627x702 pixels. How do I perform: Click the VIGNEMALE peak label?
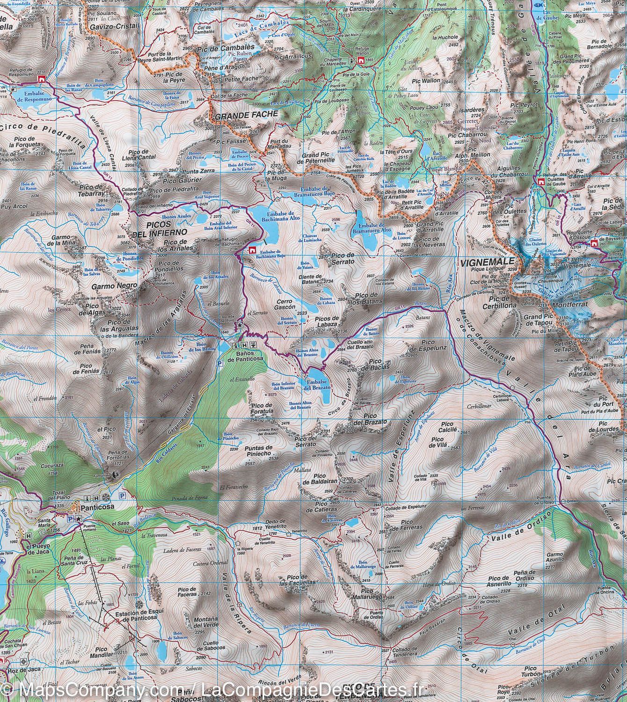tap(487, 263)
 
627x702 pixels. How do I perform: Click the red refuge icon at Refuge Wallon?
tap(361, 61)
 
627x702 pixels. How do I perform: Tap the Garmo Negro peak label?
tap(108, 285)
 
